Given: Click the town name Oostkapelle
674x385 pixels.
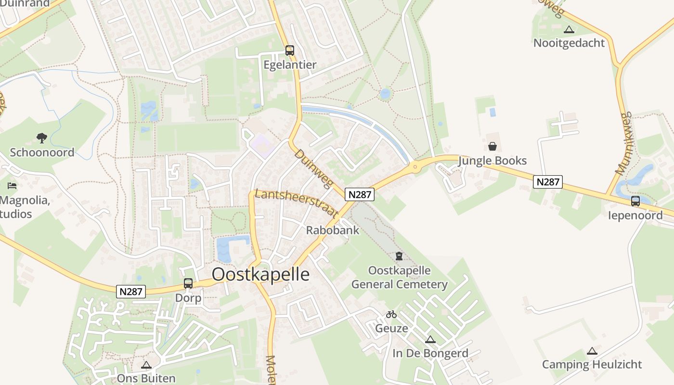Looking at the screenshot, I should click(261, 274).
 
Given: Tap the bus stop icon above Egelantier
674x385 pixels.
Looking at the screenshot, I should click(289, 50).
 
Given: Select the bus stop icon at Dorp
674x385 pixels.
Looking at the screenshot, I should click(188, 283).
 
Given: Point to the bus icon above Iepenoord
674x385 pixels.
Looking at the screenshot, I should click(635, 201).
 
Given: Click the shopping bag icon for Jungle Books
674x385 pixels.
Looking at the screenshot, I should click(493, 146).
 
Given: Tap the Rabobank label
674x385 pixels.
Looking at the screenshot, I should click(333, 230).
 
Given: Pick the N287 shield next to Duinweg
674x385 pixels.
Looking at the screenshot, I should click(359, 194).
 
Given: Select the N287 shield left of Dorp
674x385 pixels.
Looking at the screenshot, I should click(131, 292).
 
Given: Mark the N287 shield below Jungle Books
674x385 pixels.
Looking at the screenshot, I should click(548, 182).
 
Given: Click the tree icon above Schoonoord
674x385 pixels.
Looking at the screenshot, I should click(42, 138).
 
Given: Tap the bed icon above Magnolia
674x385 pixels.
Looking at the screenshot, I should click(12, 186).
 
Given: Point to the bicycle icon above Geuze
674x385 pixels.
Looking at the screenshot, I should click(391, 314).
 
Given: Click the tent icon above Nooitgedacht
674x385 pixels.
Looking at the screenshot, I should click(569, 29).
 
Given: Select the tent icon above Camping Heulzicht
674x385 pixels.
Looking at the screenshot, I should click(592, 351).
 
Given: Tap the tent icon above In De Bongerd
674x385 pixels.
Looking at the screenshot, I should click(430, 339).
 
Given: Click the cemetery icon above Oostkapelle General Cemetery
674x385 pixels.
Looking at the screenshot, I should click(399, 256).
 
